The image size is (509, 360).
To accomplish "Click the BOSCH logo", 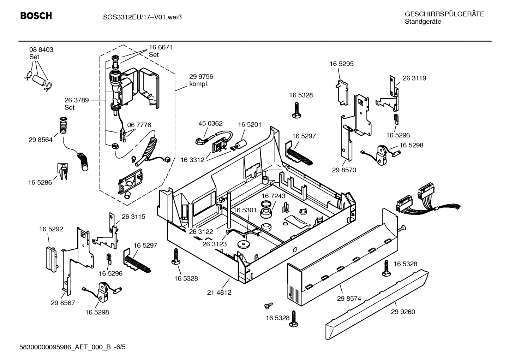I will click(x=36, y=16).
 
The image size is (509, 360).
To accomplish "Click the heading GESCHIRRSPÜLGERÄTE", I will click(x=444, y=14).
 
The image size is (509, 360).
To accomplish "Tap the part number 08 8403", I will click(x=41, y=50).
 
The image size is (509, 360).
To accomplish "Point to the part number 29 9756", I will click(x=201, y=77).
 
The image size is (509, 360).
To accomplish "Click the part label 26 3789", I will click(x=77, y=100).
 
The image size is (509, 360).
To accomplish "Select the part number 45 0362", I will click(x=210, y=123).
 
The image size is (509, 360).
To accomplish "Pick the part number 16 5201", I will click(x=250, y=125).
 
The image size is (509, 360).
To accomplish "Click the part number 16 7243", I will click(x=274, y=196).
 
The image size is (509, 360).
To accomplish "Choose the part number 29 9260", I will click(x=403, y=312).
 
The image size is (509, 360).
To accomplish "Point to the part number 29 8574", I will click(x=349, y=299).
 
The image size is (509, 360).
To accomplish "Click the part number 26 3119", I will click(x=414, y=78).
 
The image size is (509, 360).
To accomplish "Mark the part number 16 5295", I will click(x=341, y=64).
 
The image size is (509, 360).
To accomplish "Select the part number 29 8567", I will click(x=63, y=303).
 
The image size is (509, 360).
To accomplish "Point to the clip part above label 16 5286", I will click(x=62, y=171).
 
